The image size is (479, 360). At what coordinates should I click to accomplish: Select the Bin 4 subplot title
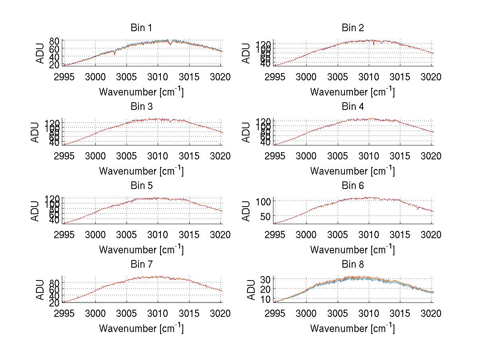click(353, 107)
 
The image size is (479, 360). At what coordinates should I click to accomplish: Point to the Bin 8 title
click(353, 265)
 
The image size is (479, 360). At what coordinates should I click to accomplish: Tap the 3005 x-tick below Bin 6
click(337, 235)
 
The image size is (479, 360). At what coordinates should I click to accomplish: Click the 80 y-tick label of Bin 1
click(55, 41)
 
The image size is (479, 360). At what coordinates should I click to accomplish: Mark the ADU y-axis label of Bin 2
click(246, 53)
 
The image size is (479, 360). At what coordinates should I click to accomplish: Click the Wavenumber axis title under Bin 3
click(141, 171)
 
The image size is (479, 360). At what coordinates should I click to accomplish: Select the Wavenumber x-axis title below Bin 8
click(352, 328)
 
